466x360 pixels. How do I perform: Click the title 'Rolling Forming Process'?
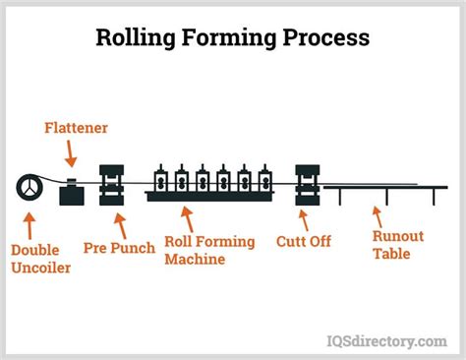(232, 37)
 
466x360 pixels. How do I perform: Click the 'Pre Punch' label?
(119, 249)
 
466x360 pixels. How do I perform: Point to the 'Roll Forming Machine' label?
(209, 250)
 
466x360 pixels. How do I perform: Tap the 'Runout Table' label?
(399, 245)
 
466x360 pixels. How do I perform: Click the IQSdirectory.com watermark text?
(386, 340)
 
